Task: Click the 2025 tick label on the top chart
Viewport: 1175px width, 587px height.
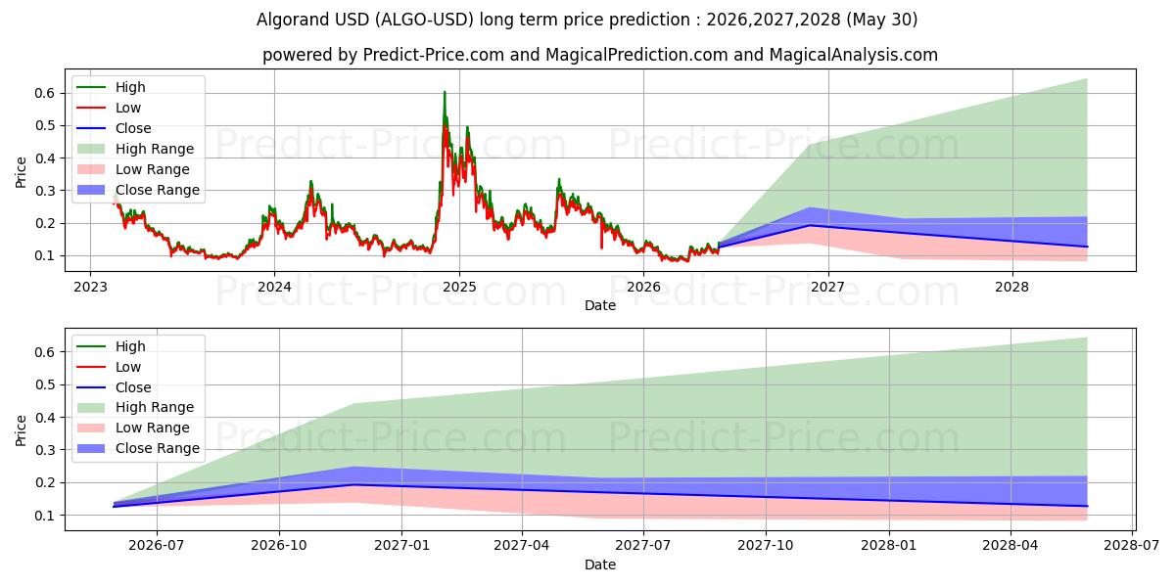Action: [459, 288]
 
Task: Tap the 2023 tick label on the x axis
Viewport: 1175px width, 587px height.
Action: [90, 288]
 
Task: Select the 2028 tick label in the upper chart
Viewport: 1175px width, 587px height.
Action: [1011, 288]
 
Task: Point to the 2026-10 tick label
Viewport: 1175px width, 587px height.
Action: [279, 546]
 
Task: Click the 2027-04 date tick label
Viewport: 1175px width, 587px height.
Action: [522, 546]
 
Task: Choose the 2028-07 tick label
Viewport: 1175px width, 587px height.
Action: [1132, 546]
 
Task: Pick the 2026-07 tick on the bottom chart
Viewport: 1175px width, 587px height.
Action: [157, 546]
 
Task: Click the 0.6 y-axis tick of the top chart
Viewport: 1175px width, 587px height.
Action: [45, 93]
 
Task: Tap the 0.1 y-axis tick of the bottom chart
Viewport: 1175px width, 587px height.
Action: [45, 516]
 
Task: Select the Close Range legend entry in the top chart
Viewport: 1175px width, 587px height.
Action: [138, 190]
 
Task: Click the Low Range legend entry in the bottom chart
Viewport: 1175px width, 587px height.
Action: [133, 428]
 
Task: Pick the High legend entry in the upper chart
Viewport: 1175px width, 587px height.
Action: [111, 87]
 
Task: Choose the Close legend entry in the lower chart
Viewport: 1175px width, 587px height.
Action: [114, 387]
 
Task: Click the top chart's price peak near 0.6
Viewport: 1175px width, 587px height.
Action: [445, 92]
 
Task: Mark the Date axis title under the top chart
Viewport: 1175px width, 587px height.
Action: [600, 305]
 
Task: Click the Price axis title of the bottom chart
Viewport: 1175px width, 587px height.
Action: [21, 430]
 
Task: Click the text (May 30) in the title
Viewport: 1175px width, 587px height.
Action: [882, 20]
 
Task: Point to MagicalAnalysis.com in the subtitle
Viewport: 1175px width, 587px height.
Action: [854, 55]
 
